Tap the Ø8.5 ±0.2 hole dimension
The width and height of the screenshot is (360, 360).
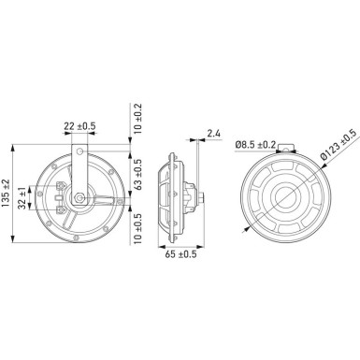(x=253, y=144)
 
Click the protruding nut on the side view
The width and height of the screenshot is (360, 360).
(x=203, y=199)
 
